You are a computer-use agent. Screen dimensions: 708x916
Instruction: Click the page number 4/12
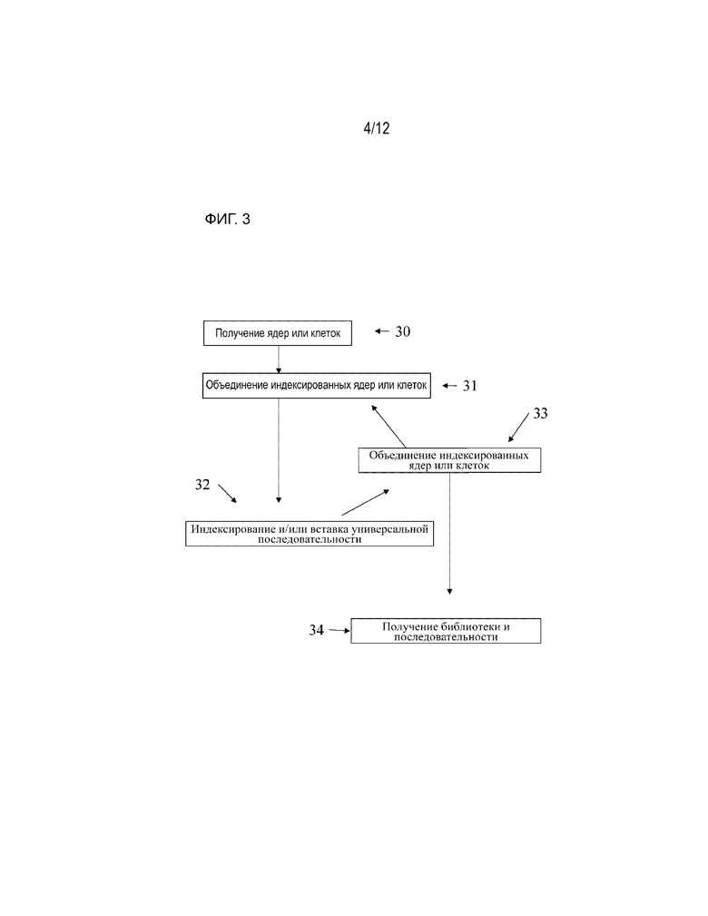coord(376,128)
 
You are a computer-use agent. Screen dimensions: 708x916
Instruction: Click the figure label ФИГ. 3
coord(227,219)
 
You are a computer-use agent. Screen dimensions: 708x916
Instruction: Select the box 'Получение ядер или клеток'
coord(278,333)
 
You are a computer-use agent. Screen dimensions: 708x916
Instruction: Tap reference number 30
coord(402,332)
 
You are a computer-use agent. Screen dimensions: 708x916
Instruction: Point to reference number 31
coord(469,386)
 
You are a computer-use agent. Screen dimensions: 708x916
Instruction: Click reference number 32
coord(202,484)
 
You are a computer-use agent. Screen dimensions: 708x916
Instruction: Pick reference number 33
coord(540,414)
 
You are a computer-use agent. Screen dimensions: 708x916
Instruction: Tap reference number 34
coord(316,630)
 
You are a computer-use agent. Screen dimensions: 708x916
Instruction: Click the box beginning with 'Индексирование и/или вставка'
coord(310,534)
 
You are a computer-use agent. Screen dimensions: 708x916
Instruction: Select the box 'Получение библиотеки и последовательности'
coord(446,631)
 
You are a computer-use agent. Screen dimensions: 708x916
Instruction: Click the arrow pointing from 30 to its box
coord(382,331)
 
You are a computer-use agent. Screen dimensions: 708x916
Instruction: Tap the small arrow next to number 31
coord(449,386)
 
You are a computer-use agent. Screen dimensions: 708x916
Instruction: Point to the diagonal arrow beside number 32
coord(227,493)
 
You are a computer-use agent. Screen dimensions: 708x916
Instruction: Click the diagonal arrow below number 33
coord(518,427)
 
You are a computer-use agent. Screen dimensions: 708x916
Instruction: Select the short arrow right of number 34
coord(339,630)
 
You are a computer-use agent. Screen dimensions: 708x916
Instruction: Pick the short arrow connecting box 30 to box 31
coord(279,360)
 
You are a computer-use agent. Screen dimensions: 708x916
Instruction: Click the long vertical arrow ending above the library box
coord(450,534)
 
